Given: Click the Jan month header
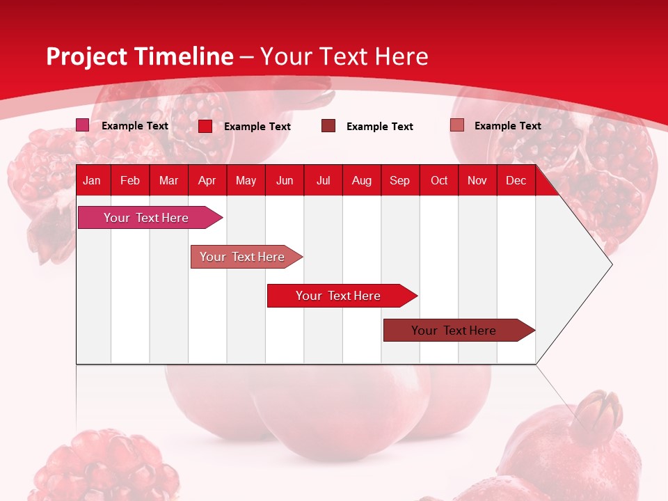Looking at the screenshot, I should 92,180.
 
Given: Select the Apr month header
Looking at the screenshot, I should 207,180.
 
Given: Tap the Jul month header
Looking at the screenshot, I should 323,180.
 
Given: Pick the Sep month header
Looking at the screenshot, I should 399,180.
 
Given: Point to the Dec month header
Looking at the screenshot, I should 516,180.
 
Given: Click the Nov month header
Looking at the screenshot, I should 477,180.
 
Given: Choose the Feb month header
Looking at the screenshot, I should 130,180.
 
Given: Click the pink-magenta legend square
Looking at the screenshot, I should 82,125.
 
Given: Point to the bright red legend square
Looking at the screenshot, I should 205,126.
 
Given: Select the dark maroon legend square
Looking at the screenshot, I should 328,126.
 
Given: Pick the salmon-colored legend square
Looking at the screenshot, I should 457,125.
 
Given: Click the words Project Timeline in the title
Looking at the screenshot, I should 140,56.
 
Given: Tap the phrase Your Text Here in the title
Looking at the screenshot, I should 344,56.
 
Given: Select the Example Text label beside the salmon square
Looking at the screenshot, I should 507,126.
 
